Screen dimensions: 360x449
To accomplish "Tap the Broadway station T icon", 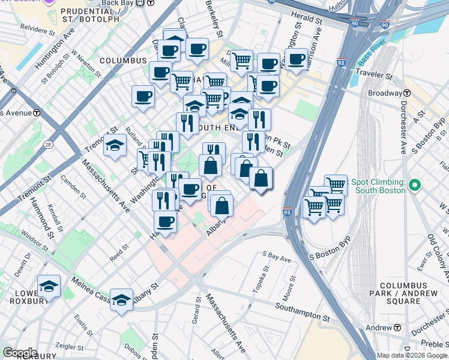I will point(407,93).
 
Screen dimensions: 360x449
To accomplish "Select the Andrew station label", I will point(379,328).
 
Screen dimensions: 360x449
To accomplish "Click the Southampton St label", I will point(303,311).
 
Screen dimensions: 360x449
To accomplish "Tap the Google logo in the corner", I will point(19,353).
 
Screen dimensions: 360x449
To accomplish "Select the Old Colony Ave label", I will point(436,251).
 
